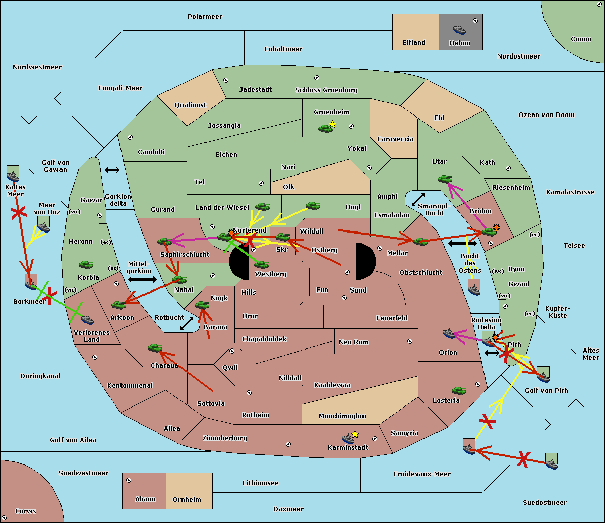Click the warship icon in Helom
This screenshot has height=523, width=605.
tap(459, 29)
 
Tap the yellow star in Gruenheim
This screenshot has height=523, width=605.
tap(333, 124)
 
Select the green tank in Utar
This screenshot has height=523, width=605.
tap(445, 179)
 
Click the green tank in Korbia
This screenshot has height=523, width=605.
tap(86, 265)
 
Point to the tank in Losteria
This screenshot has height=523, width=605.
tap(459, 390)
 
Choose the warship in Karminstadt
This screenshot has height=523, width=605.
tap(348, 439)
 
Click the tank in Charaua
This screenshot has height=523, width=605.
tap(155, 348)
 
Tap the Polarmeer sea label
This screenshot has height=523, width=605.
tap(205, 17)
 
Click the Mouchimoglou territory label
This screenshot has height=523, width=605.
tap(342, 416)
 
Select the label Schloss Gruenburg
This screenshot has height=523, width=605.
tap(327, 90)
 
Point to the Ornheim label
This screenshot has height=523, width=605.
tap(187, 499)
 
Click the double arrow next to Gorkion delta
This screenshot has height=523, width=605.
tap(112, 170)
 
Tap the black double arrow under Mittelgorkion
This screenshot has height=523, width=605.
tap(142, 280)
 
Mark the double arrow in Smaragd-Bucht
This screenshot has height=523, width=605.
tap(418, 199)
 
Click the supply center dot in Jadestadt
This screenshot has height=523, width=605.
tap(226, 80)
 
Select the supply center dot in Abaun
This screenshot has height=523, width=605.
tap(129, 480)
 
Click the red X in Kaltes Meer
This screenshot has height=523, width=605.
tap(19, 212)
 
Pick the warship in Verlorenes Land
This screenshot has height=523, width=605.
tap(87, 319)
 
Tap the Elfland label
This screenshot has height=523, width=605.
tap(414, 43)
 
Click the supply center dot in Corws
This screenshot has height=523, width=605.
tap(4, 518)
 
